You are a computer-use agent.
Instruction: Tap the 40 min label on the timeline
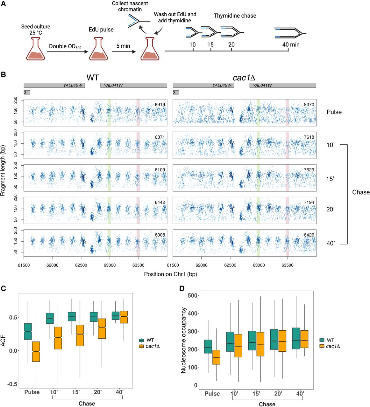coord(291,45)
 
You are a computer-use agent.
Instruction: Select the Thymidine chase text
coord(235,16)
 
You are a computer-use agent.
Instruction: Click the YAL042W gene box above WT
coord(54,85)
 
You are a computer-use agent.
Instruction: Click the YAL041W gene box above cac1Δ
coord(283,85)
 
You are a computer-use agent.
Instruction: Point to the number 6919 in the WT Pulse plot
coord(160,105)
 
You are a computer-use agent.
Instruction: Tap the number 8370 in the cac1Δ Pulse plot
coord(309,105)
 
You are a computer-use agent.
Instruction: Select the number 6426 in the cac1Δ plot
coord(309,235)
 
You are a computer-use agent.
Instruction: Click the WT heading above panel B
coord(93,77)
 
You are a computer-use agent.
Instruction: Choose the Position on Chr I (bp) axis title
coord(170,274)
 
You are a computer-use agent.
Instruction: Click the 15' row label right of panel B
coord(330,179)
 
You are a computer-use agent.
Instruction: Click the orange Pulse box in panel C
coord(37,351)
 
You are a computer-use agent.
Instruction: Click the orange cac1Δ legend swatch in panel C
coord(141,346)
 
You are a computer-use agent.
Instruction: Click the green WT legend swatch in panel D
coord(322,340)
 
